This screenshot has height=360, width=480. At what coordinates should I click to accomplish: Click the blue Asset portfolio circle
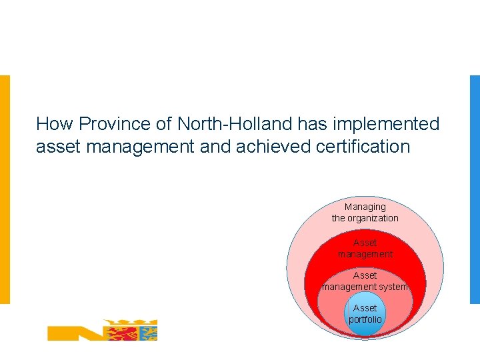coord(365,314)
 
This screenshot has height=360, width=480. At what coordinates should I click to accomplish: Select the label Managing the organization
coord(365,213)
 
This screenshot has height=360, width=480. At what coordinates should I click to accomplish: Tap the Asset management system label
coord(365,281)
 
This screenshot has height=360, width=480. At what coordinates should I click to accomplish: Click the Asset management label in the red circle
coord(365,249)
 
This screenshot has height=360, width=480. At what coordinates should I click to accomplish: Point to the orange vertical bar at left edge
coord(5,189)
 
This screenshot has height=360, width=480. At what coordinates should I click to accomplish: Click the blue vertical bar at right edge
coord(475,189)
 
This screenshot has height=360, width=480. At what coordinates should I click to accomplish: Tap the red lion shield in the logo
coord(119,330)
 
